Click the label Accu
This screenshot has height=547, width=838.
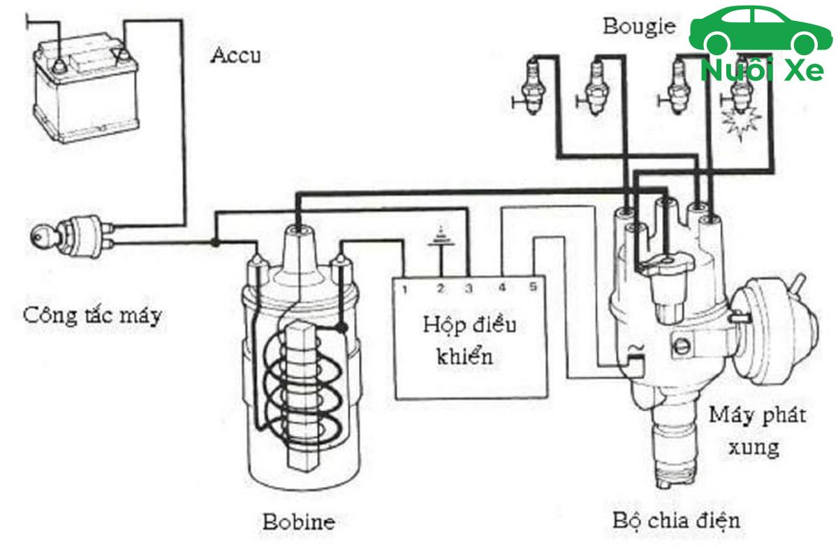click(235, 56)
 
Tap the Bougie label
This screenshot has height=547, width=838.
click(640, 27)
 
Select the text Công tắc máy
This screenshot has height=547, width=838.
click(91, 315)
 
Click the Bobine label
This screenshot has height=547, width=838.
click(298, 521)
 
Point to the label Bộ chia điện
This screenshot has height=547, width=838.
click(676, 520)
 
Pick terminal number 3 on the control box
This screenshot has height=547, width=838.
click(469, 287)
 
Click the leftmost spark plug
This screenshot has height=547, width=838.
click(532, 87)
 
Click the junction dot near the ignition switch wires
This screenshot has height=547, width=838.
click(215, 242)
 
